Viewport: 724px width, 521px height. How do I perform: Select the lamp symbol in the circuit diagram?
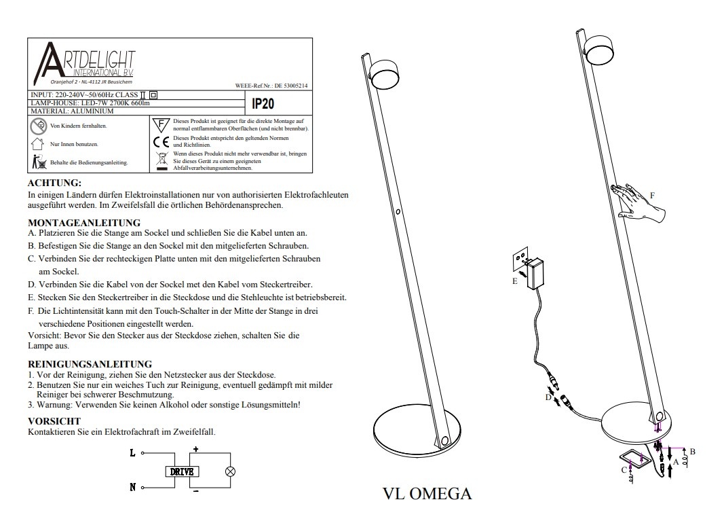pos(230,471)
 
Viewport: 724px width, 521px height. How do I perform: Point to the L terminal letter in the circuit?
pos(132,452)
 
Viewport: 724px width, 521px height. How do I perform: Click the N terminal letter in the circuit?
pos(132,487)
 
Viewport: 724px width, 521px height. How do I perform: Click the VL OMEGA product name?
pos(427,493)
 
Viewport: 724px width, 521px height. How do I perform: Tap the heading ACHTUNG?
pos(54,183)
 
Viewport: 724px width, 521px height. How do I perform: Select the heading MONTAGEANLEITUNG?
pos(84,222)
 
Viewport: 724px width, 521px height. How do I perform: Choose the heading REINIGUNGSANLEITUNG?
pos(90,364)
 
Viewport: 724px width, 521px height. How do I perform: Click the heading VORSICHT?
pos(54,421)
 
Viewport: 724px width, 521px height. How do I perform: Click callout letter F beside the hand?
pos(652,195)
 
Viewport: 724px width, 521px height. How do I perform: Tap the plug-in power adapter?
pos(540,271)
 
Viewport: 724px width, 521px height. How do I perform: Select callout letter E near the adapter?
pos(515,280)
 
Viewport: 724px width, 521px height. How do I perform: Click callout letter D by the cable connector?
pos(548,397)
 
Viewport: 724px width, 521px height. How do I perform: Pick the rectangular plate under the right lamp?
pos(638,461)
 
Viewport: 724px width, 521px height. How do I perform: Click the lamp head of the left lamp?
pos(382,74)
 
